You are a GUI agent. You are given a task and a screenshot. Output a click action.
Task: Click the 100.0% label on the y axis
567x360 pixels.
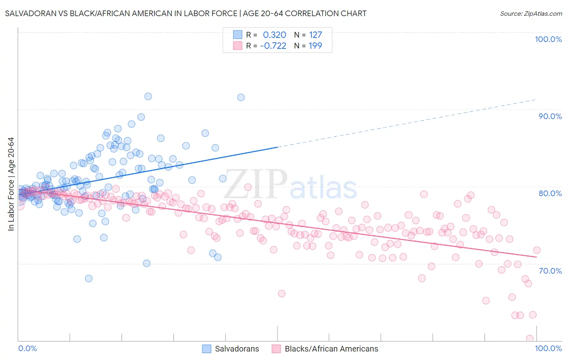(548, 39)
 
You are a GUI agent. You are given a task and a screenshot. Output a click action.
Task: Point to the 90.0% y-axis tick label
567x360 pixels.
(550, 116)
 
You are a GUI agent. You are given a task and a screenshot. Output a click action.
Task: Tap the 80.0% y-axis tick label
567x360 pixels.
(550, 193)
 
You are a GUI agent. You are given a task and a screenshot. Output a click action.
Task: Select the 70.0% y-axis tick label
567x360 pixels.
(550, 271)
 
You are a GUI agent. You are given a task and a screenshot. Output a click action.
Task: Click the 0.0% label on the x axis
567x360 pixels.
(27, 348)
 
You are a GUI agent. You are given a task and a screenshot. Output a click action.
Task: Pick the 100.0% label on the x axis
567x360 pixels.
(548, 348)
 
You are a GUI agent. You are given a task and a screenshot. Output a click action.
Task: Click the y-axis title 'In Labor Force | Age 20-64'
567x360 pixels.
(11, 184)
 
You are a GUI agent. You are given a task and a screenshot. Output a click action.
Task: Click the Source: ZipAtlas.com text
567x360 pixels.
(531, 13)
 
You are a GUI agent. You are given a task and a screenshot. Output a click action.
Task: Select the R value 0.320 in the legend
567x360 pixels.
(274, 35)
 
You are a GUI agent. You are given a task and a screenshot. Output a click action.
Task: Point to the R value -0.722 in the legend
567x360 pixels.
(273, 46)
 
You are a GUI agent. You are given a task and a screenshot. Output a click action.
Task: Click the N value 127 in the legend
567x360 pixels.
(315, 35)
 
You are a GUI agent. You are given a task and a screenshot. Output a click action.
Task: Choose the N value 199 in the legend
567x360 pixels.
(315, 46)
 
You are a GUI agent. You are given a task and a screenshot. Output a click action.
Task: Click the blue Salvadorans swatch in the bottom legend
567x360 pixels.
(206, 349)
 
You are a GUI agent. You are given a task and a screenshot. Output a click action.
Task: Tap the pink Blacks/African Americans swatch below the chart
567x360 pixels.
(276, 349)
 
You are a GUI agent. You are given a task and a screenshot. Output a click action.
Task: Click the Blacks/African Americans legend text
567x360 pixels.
(331, 349)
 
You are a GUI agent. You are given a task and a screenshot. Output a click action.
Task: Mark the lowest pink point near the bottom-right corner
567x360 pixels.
(530, 338)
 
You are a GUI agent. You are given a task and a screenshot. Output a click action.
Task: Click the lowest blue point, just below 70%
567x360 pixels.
(89, 278)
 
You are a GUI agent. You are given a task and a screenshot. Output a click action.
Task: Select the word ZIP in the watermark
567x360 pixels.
(255, 184)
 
